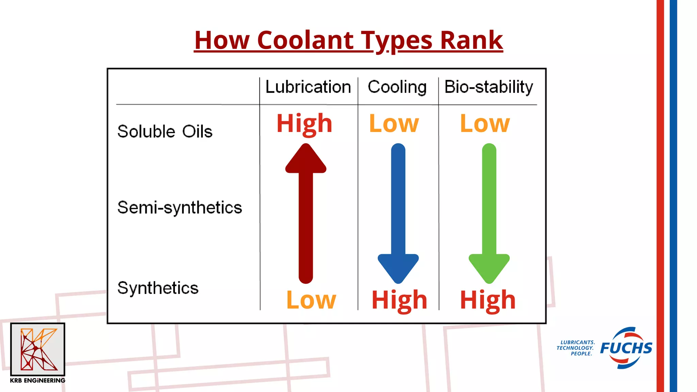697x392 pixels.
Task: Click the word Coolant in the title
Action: click(306, 40)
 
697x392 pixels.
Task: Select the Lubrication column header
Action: click(308, 87)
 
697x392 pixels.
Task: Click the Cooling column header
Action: click(397, 87)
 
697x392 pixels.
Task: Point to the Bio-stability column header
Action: click(488, 87)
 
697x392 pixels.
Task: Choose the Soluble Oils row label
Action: click(165, 131)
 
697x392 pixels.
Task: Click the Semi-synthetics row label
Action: click(179, 208)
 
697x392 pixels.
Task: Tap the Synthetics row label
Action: click(158, 288)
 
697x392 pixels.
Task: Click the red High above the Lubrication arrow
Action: click(304, 123)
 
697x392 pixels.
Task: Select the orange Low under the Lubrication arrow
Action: click(311, 300)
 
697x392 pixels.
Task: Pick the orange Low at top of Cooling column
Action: click(394, 123)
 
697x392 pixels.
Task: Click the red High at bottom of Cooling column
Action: click(399, 300)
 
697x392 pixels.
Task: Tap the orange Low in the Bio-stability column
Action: click(485, 123)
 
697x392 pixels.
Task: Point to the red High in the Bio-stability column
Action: click(488, 300)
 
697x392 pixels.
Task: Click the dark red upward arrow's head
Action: click(306, 160)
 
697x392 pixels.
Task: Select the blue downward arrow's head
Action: click(398, 267)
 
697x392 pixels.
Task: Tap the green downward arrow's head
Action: click(489, 267)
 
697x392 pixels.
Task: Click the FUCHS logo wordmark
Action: click(626, 348)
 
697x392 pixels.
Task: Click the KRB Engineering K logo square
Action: click(37, 349)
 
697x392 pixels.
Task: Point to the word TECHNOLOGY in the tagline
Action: click(575, 348)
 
